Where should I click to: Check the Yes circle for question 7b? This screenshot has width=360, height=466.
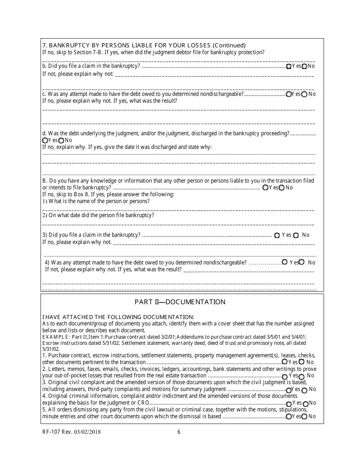coord(289,66)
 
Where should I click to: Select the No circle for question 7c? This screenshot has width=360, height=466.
coord(304,94)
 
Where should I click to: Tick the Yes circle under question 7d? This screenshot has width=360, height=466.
coord(45,141)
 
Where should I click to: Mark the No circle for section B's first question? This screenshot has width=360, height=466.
coord(282,188)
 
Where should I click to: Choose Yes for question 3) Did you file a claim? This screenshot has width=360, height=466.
coord(277,235)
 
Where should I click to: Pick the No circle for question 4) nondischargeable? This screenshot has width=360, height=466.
coord(302,262)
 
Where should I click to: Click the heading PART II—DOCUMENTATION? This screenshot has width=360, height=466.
coord(180,302)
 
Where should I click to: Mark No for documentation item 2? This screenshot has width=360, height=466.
coord(302,377)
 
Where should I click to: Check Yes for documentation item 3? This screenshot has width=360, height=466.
coord(289,390)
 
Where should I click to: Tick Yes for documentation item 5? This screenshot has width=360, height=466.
coord(289,417)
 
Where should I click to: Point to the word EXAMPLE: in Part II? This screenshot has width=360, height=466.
coord(55,337)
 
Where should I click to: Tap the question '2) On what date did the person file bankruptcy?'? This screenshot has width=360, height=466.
coord(98,216)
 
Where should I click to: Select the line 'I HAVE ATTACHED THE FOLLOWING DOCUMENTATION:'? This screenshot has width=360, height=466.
coord(118,317)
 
